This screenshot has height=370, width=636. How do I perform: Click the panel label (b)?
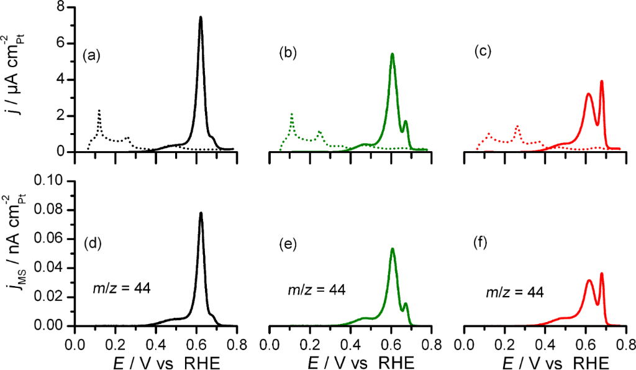pos(288,53)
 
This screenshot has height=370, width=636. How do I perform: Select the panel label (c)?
pos(483,52)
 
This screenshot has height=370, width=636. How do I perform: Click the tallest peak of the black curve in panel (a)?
pos(201,17)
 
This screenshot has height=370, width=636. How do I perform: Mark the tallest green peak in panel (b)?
pos(393,54)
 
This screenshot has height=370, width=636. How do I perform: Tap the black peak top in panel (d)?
pos(201,213)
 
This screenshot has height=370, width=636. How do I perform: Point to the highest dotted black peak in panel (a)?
pos(99,111)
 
